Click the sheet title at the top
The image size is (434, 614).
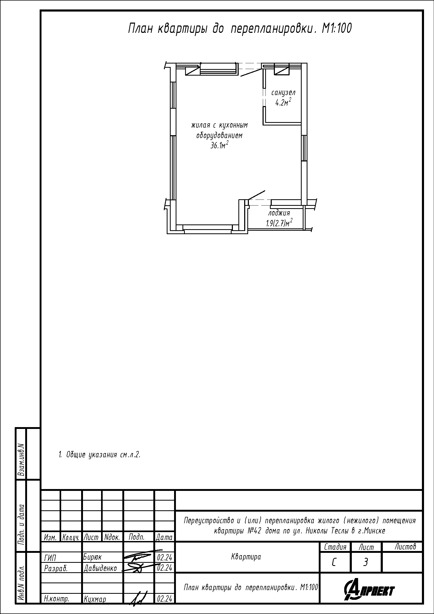(240, 29)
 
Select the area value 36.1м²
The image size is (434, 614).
(219, 145)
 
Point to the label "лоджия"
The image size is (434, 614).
(279, 213)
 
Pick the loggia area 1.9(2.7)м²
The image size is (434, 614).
(279, 223)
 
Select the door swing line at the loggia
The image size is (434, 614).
(257, 195)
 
